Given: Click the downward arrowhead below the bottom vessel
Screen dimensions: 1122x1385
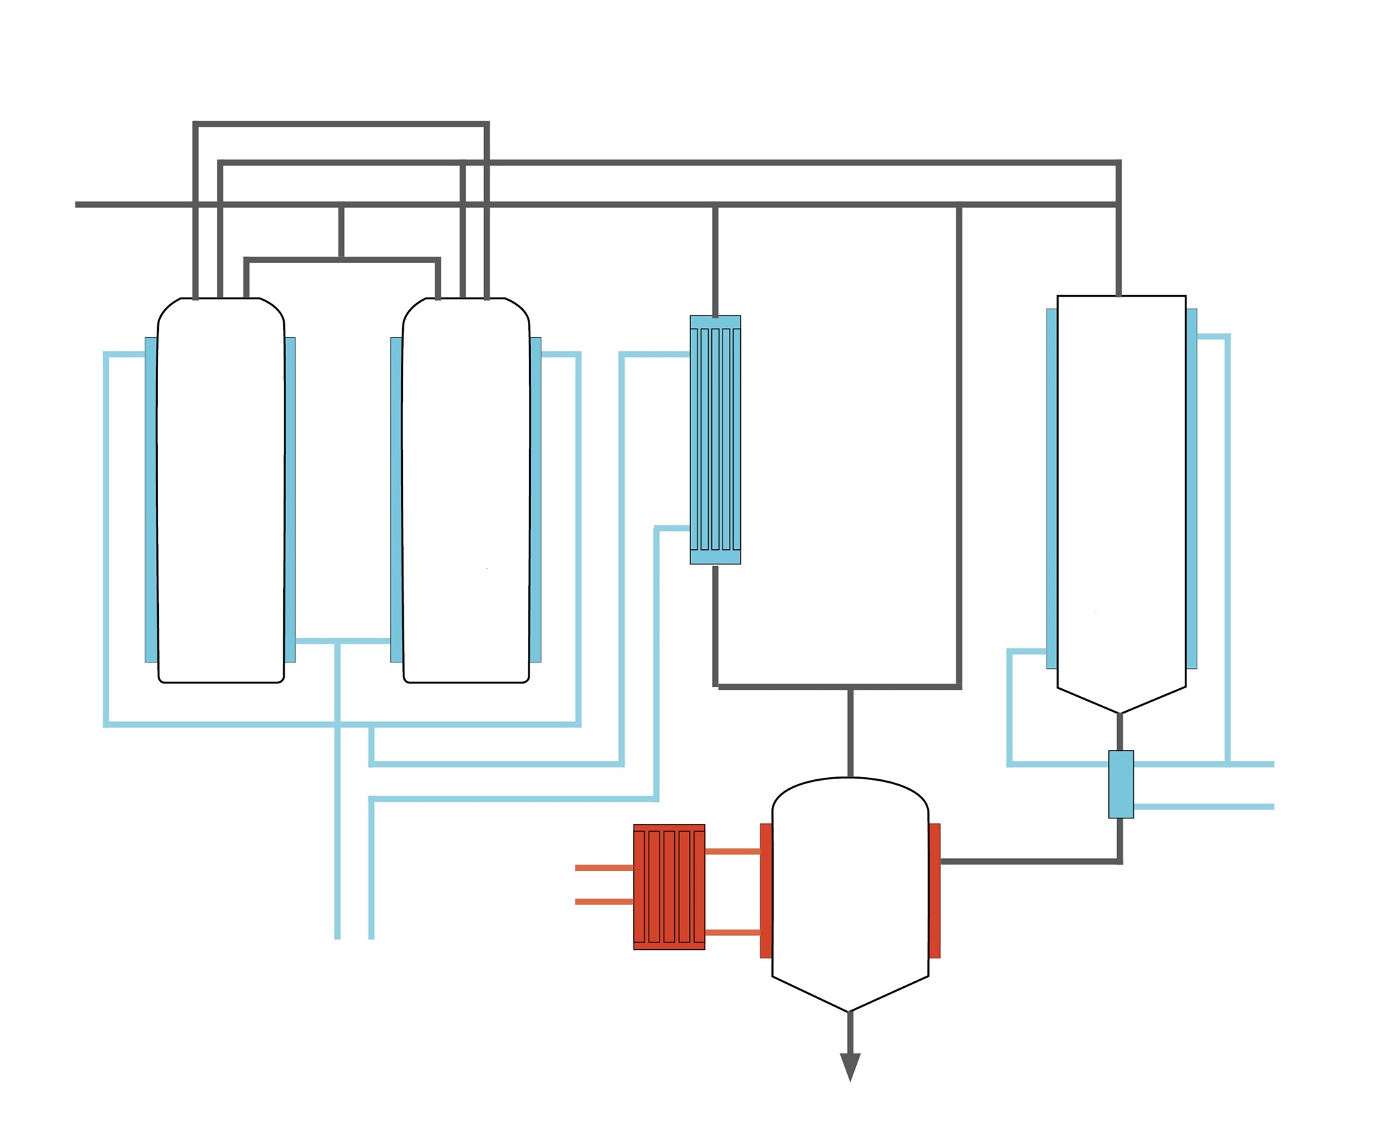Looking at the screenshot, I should [849, 1066].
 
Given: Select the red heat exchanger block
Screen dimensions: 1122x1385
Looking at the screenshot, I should [669, 886].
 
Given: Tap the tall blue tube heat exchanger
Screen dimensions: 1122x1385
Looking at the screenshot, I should [715, 439].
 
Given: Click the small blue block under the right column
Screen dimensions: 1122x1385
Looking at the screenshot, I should [1121, 784].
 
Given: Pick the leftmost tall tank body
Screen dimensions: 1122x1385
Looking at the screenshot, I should [220, 490].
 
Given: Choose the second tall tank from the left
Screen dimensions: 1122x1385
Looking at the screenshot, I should [466, 490].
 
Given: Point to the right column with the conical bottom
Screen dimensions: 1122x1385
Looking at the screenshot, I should [1121, 490].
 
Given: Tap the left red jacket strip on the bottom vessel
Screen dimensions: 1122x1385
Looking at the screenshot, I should [766, 890].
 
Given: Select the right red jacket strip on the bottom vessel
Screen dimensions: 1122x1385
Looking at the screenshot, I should [935, 890].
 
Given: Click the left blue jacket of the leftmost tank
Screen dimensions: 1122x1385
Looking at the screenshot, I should [150, 499].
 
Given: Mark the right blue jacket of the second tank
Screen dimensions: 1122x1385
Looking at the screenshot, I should [536, 499].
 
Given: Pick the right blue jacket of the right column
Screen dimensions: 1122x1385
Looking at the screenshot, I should [1191, 488].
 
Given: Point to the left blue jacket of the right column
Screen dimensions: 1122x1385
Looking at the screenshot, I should [1051, 488].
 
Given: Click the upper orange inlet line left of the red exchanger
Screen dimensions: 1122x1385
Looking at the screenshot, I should [604, 867].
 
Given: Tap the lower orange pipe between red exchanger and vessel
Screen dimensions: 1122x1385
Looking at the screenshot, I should [732, 932].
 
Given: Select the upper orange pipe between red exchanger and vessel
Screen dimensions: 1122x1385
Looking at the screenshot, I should [732, 851].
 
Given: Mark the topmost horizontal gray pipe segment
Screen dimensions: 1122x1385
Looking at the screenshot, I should [341, 124].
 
